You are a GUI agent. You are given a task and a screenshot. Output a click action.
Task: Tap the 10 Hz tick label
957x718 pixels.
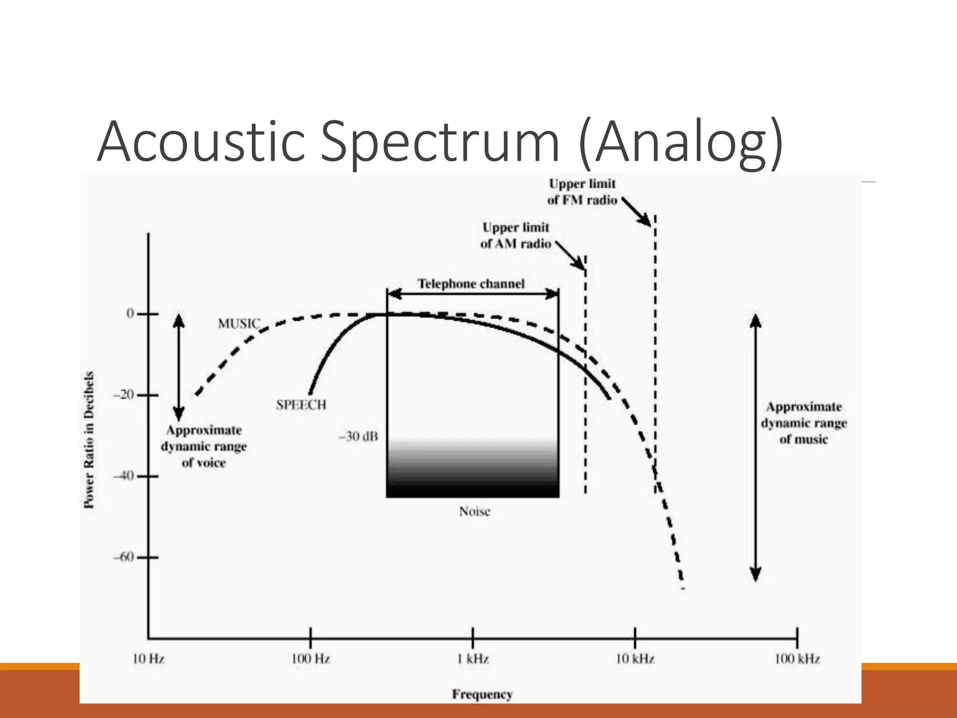pyautogui.click(x=149, y=659)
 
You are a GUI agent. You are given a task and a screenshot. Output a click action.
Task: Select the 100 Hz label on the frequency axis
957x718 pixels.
pyautogui.click(x=311, y=659)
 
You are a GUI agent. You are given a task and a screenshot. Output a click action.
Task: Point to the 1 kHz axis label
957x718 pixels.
pyautogui.click(x=473, y=659)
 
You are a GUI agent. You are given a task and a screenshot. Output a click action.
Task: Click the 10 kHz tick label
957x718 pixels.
pyautogui.click(x=635, y=659)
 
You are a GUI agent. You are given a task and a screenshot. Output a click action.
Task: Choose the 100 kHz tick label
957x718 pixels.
pyautogui.click(x=797, y=659)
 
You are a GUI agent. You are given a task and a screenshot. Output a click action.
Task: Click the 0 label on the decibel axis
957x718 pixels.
pyautogui.click(x=130, y=314)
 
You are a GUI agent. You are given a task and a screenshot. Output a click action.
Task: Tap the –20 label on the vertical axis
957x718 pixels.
pyautogui.click(x=124, y=395)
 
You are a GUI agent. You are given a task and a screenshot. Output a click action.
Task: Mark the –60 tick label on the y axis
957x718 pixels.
pyautogui.click(x=124, y=557)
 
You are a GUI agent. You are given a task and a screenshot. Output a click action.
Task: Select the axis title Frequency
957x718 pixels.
pyautogui.click(x=482, y=694)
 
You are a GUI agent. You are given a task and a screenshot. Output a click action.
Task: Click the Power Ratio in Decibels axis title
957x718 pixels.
pyautogui.click(x=89, y=439)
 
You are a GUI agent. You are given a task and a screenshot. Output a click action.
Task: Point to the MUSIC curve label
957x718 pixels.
pyautogui.click(x=239, y=323)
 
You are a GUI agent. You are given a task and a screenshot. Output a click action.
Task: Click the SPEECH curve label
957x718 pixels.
pyautogui.click(x=301, y=405)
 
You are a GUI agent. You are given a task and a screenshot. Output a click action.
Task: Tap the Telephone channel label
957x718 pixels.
pyautogui.click(x=471, y=284)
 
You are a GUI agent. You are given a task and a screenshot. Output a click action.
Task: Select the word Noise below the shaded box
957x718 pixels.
pyautogui.click(x=474, y=511)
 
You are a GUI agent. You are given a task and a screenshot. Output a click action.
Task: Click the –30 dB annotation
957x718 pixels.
pyautogui.click(x=358, y=437)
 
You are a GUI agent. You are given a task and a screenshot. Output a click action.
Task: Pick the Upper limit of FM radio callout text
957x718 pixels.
pyautogui.click(x=582, y=192)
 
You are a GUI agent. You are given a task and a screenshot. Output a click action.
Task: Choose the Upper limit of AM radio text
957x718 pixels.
pyautogui.click(x=516, y=236)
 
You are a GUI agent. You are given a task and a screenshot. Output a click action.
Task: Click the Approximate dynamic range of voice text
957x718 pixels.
pyautogui.click(x=204, y=446)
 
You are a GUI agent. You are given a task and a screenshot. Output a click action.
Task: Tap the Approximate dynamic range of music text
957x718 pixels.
pyautogui.click(x=804, y=423)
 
